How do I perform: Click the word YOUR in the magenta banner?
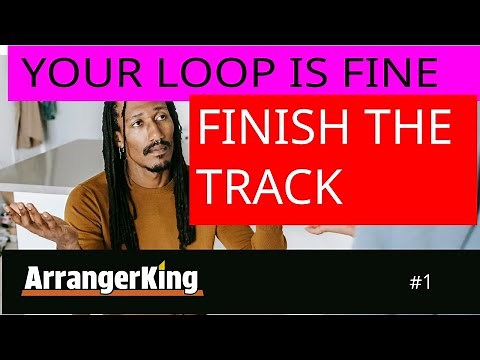68,73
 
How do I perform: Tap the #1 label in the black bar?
420,282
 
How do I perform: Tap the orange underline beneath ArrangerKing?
111,294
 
